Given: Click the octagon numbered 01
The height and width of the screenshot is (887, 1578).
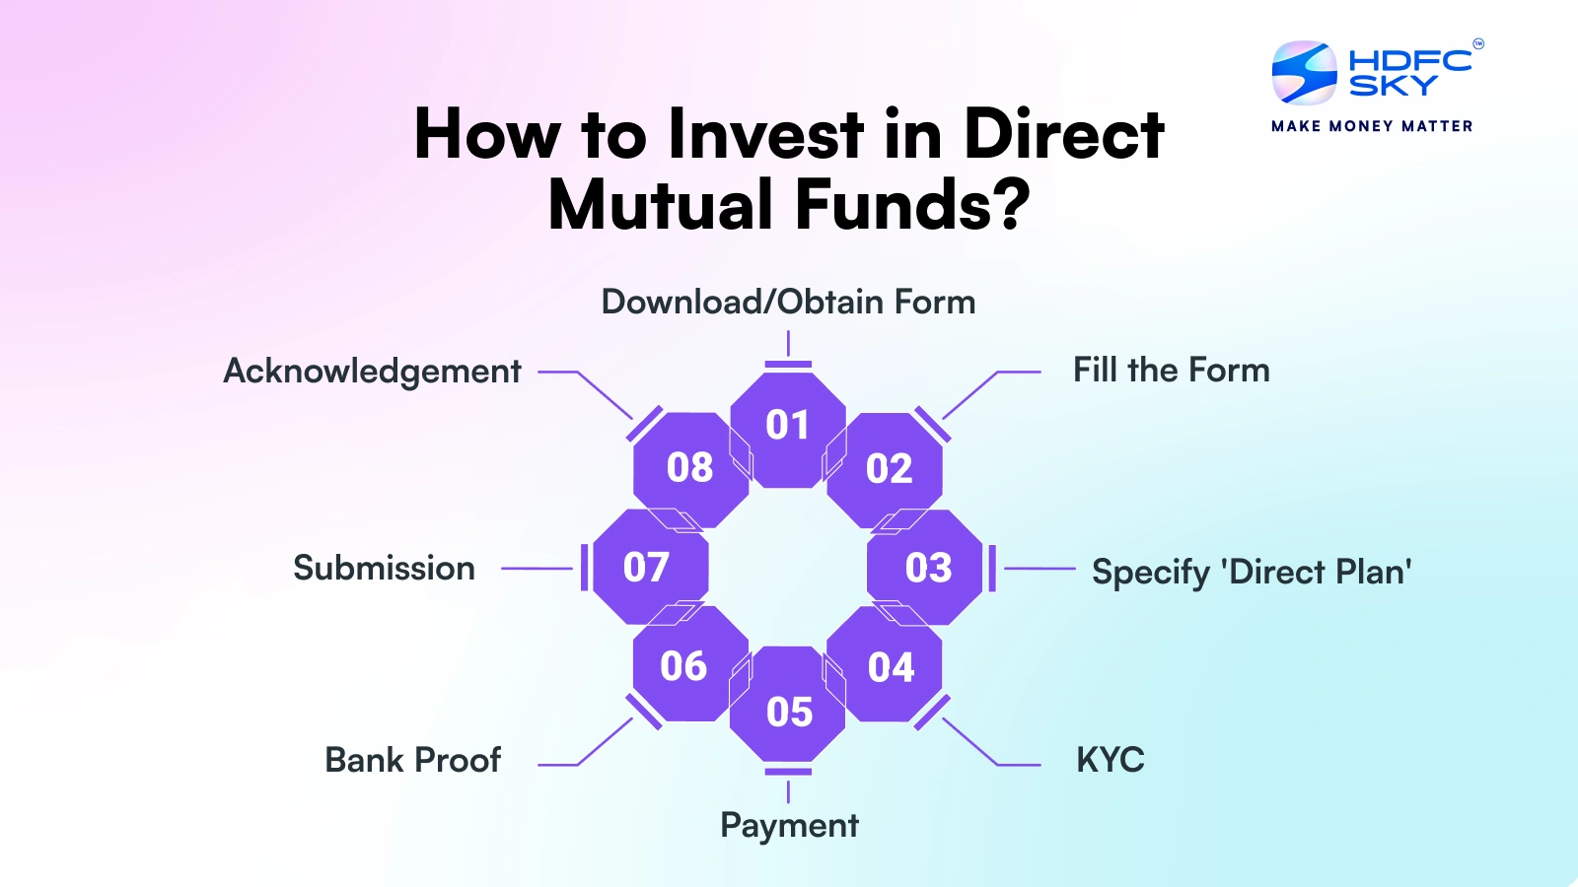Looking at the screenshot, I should coord(788,426).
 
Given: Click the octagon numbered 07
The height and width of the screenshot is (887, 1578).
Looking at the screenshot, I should coord(647,568).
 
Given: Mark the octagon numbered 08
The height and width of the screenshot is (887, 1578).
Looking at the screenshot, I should coord(689,468).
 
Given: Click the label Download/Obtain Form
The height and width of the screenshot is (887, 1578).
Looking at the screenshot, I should coord(788,302).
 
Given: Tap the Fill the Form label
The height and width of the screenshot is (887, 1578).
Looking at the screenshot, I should coord(1171,371).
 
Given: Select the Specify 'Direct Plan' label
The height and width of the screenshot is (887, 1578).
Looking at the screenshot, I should coord(1251,572).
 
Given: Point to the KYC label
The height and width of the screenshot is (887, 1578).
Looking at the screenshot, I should coord(1110,760).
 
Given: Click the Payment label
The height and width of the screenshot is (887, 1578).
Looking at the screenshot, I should coord(789,825).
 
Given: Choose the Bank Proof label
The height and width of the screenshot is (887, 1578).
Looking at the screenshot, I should coord(412,760).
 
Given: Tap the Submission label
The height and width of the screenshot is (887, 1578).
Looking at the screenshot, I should coord(384,568).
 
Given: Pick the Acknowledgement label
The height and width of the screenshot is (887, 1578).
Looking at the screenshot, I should coord(372,372).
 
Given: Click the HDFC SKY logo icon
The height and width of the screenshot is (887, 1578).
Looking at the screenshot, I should coord(1304,73).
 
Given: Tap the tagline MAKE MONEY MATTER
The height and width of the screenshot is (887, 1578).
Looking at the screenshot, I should coord(1372,126).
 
